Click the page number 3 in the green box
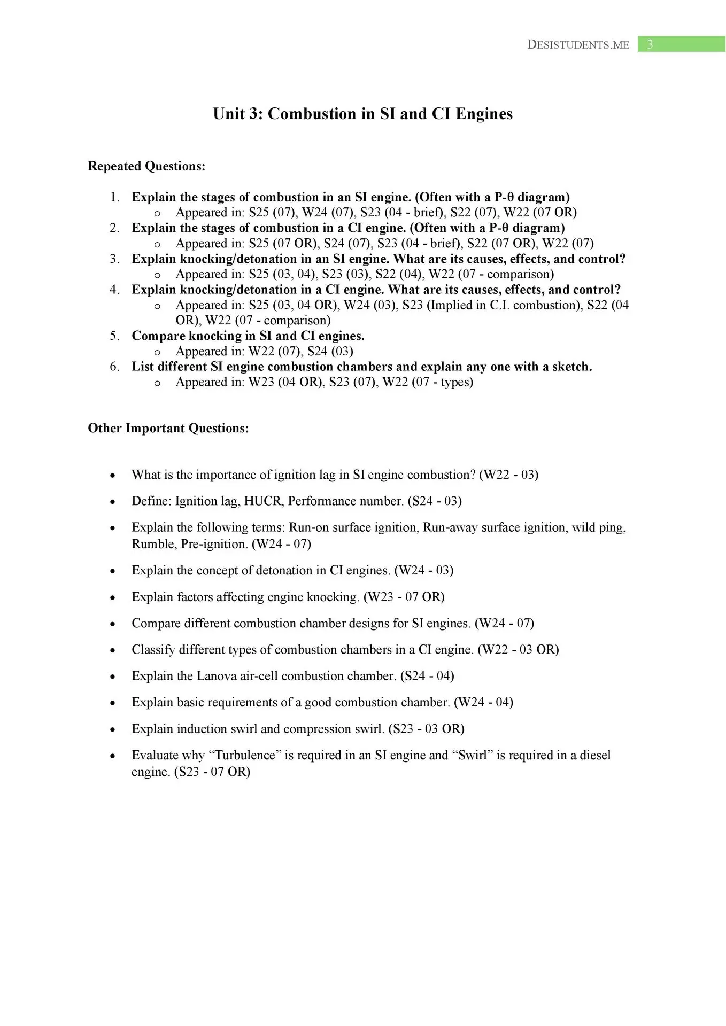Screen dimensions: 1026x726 click(650, 44)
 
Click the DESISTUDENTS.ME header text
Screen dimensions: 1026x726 click(578, 45)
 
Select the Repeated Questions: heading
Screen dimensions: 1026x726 click(146, 166)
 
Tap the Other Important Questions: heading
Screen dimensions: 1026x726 click(168, 429)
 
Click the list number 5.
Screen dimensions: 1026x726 click(114, 336)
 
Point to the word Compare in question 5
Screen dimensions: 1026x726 click(158, 336)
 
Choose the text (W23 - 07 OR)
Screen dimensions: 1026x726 click(404, 597)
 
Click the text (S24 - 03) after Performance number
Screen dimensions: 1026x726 click(435, 501)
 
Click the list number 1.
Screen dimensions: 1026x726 click(114, 197)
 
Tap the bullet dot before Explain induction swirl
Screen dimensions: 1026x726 click(112, 729)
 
